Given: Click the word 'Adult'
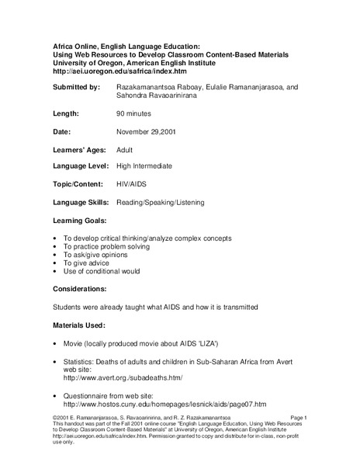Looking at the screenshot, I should coord(126,149).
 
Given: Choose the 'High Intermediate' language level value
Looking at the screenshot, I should coord(144,166).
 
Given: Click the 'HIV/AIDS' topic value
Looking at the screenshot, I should coord(132,184).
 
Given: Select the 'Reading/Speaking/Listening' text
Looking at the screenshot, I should coord(160,202).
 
